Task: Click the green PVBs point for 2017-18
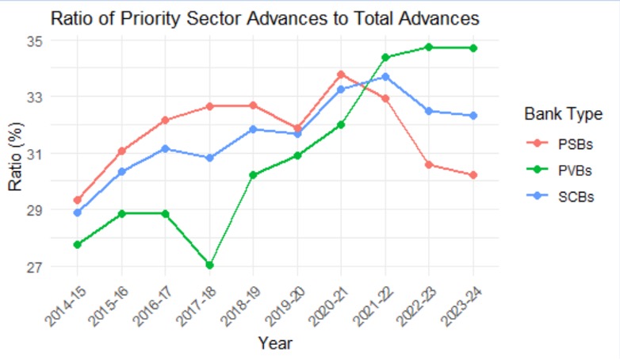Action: coord(209,265)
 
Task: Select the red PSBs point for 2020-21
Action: coord(342,75)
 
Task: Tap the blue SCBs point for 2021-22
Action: coord(385,77)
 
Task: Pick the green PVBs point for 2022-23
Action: coord(430,48)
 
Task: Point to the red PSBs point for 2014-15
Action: coord(78,201)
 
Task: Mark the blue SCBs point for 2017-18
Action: coord(209,158)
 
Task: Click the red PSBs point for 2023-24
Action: coord(473,175)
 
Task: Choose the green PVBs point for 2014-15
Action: coord(78,244)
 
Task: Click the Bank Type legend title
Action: coord(563,115)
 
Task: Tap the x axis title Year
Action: coord(275,343)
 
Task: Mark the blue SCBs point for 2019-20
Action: coord(297,134)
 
